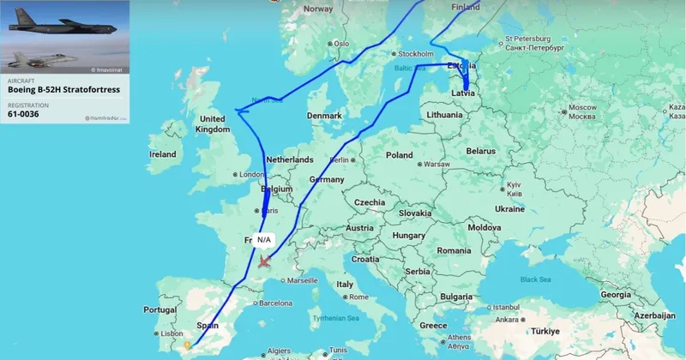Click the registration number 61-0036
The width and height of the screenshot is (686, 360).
[x=23, y=113]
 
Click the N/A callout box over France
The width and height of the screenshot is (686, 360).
[x=264, y=240]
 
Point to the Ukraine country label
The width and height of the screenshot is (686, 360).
[x=508, y=208]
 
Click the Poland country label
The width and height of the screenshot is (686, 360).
[x=399, y=155]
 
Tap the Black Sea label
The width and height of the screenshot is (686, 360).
[x=534, y=279]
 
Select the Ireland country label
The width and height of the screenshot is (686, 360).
[x=162, y=154]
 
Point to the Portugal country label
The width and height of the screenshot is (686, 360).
[x=159, y=309]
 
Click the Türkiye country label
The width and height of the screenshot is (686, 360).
[x=541, y=331]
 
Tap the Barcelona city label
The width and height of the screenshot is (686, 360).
[x=271, y=303]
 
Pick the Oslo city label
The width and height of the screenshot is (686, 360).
[x=342, y=43]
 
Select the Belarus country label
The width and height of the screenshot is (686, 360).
[x=481, y=150]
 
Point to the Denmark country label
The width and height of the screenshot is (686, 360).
[x=324, y=116]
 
